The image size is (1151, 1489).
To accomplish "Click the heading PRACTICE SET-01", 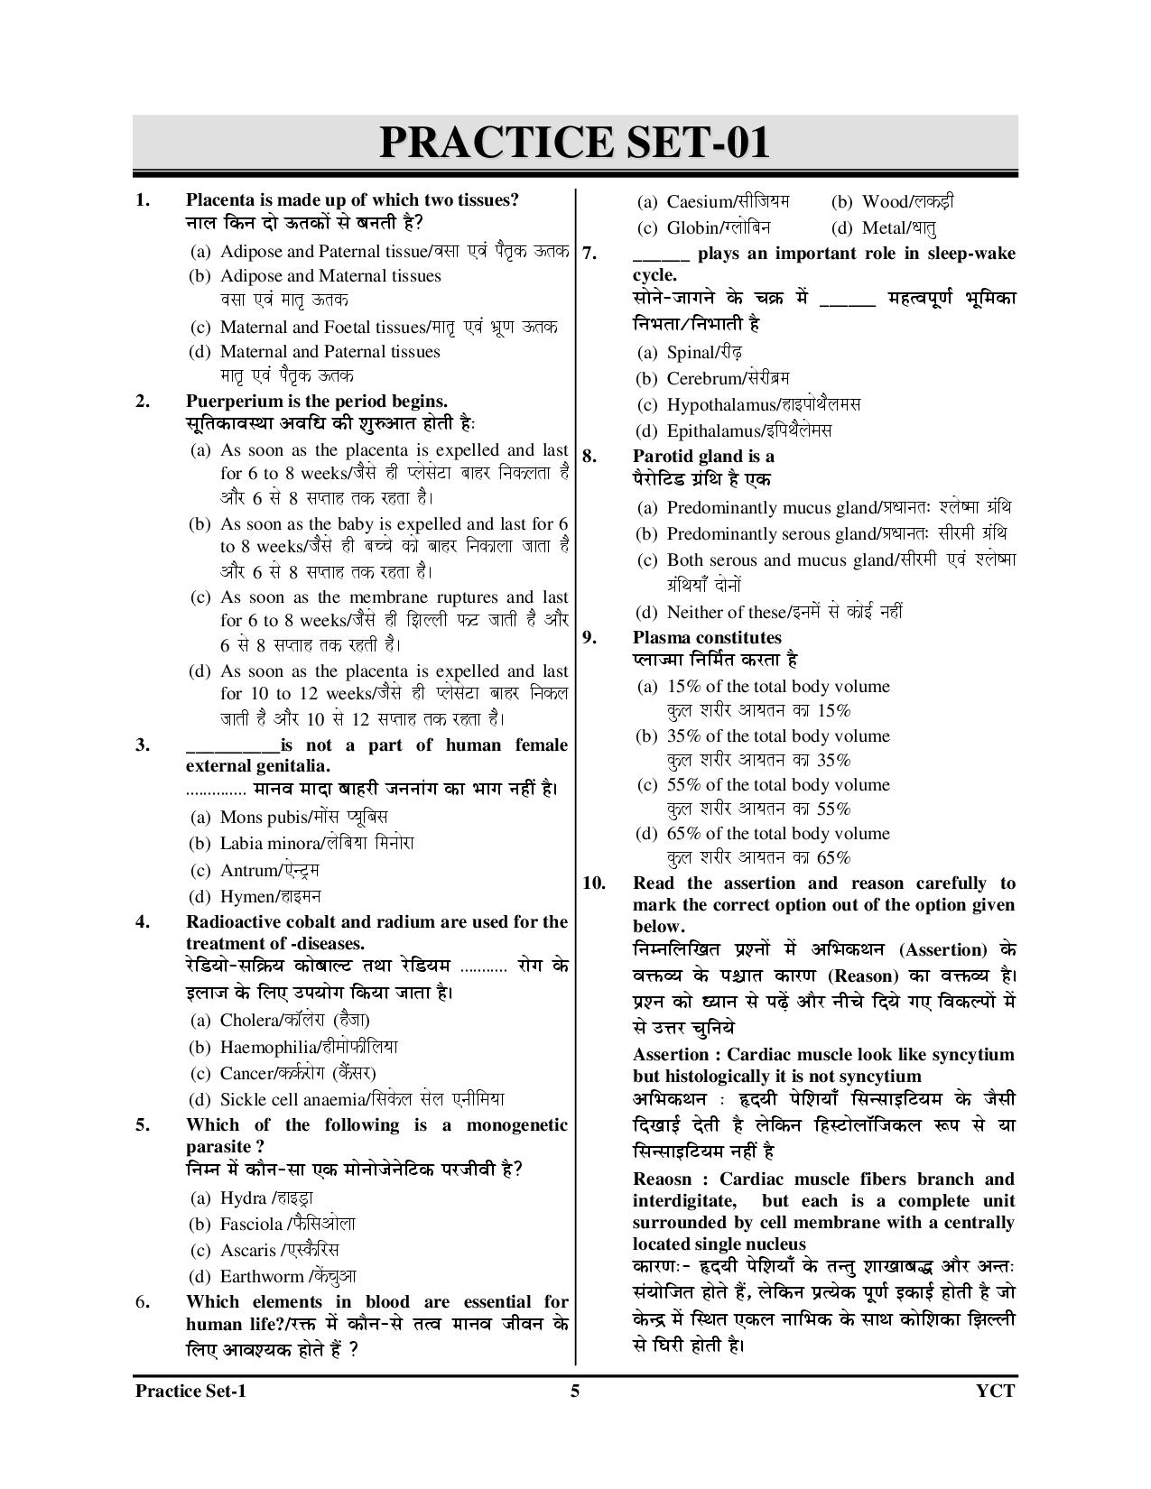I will point(574,143).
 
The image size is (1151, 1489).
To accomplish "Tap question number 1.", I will point(143,200).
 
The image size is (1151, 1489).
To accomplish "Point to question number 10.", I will point(593,883).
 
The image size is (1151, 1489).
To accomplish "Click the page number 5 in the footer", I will point(575,1391).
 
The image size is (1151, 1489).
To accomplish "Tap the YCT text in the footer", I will point(996,1391).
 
